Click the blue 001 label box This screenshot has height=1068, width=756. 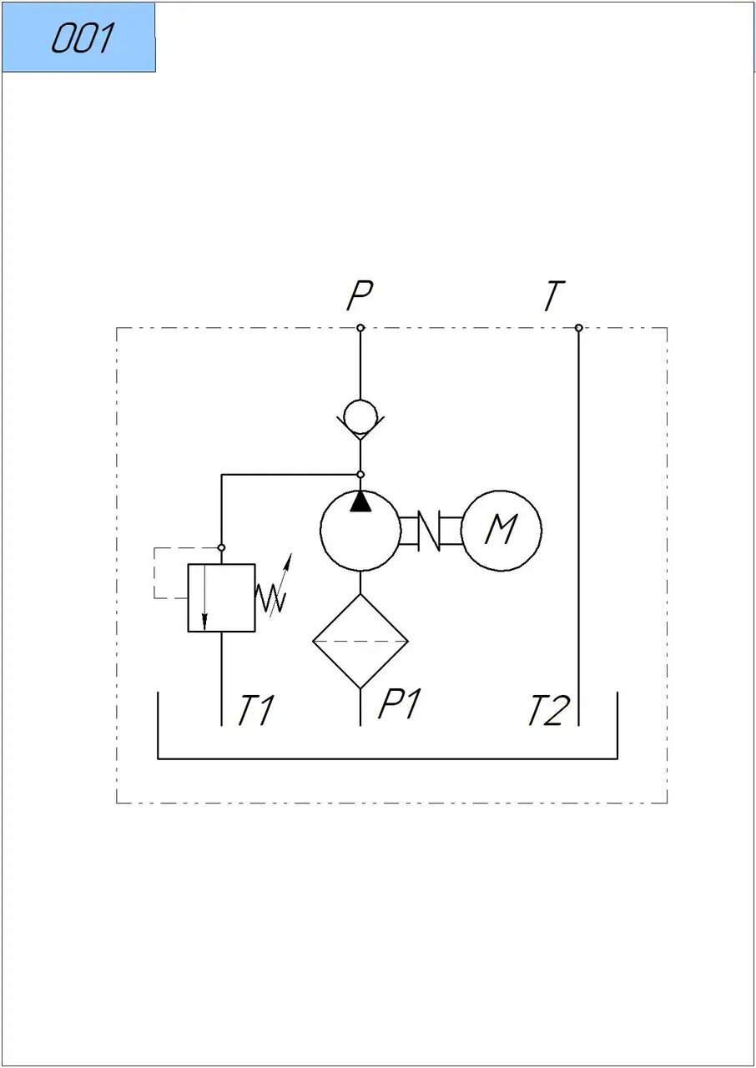pyautogui.click(x=79, y=38)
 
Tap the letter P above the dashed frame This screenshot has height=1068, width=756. pyautogui.click(x=360, y=295)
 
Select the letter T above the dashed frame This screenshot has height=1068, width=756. pyautogui.click(x=554, y=295)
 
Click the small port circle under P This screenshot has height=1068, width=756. pyautogui.click(x=360, y=328)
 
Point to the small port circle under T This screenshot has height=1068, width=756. pyautogui.click(x=578, y=328)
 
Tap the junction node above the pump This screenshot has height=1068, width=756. pyautogui.click(x=360, y=475)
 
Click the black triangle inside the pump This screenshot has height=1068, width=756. pyautogui.click(x=360, y=501)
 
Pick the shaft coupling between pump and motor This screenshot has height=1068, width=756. pyautogui.click(x=431, y=531)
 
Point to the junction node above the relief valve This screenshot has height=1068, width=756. pyautogui.click(x=221, y=548)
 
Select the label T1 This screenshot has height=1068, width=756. pyautogui.click(x=255, y=710)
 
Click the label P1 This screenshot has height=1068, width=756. pyautogui.click(x=399, y=703)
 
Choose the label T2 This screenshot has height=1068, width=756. pyautogui.click(x=550, y=710)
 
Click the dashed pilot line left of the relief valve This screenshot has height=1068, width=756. pyautogui.click(x=154, y=573)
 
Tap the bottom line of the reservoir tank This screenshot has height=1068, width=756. pyautogui.click(x=387, y=758)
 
